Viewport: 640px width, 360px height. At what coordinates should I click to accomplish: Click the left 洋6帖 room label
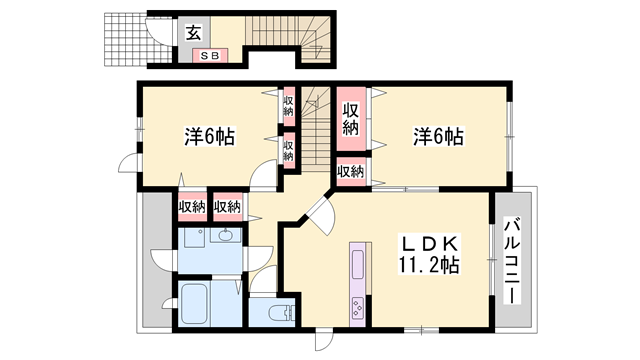pyautogui.click(x=208, y=136)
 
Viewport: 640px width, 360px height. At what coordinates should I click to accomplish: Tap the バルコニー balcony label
pyautogui.click(x=513, y=258)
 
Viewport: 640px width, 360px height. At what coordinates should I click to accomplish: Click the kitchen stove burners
pyautogui.click(x=355, y=308)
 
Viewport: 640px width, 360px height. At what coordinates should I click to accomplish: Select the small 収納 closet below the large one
pyautogui.click(x=350, y=173)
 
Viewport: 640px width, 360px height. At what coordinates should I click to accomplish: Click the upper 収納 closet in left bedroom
pyautogui.click(x=288, y=105)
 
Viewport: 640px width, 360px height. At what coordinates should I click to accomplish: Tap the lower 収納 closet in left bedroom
pyautogui.click(x=288, y=151)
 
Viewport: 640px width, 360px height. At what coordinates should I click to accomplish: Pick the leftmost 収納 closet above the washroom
pyautogui.click(x=192, y=207)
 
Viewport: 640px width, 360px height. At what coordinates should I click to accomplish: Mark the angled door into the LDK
pyautogui.click(x=321, y=211)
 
